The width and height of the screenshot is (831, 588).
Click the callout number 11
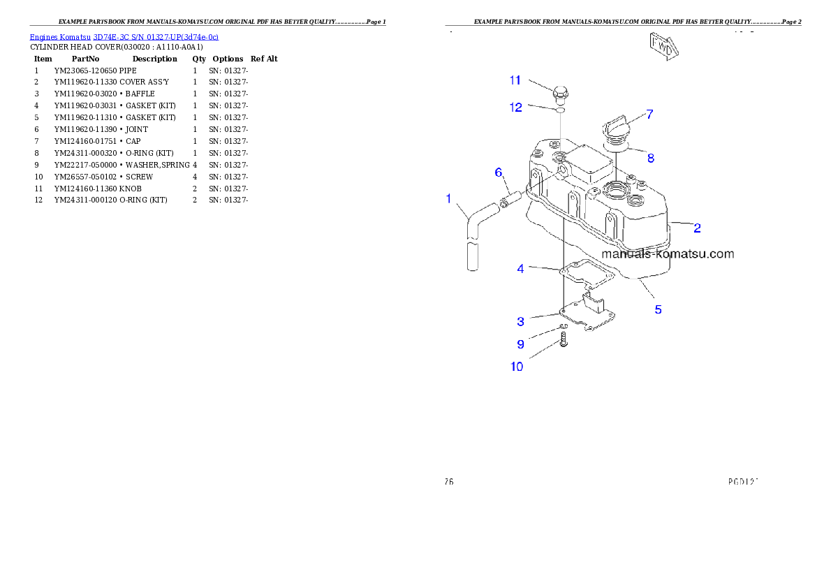point(515,80)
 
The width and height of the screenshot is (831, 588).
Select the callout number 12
point(515,108)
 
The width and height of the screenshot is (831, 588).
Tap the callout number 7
point(649,114)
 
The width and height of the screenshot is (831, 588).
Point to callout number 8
point(650,159)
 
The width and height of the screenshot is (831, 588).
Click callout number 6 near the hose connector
point(498,172)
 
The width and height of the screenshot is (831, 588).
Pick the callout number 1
point(448,199)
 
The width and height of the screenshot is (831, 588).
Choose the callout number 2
point(697,228)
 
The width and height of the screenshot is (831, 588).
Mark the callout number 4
point(520,268)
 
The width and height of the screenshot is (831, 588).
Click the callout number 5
point(658,309)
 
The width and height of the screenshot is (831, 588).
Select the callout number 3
point(520,321)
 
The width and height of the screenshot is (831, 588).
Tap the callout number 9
point(520,344)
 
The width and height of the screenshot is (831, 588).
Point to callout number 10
point(517,367)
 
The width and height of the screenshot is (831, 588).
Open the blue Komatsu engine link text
point(124,36)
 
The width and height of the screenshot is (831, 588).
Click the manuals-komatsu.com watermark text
point(668,254)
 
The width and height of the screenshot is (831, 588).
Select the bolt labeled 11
point(561,93)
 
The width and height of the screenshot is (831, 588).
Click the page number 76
point(449,481)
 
